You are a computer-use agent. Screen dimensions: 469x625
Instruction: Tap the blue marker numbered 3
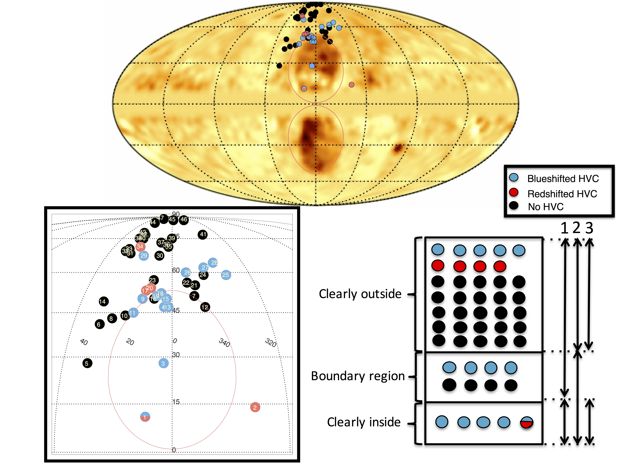point(163,363)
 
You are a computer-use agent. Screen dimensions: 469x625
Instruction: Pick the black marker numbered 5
point(87,363)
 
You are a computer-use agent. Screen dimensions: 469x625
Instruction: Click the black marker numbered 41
point(203,234)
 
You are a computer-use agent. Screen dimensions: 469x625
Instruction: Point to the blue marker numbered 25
point(225,275)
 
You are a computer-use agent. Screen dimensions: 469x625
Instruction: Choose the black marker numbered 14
point(103,301)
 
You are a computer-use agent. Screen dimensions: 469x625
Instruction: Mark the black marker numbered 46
point(184,219)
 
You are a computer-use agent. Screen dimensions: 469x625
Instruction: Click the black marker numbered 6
point(99,324)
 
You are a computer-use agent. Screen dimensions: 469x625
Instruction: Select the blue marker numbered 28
point(213,263)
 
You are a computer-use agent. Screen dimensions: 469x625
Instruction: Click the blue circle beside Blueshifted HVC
point(514,177)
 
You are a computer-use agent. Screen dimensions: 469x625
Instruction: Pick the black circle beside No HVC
point(514,205)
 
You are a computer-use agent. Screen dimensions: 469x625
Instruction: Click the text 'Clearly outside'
point(360,294)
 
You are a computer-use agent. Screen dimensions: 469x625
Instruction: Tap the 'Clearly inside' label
point(364,422)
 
